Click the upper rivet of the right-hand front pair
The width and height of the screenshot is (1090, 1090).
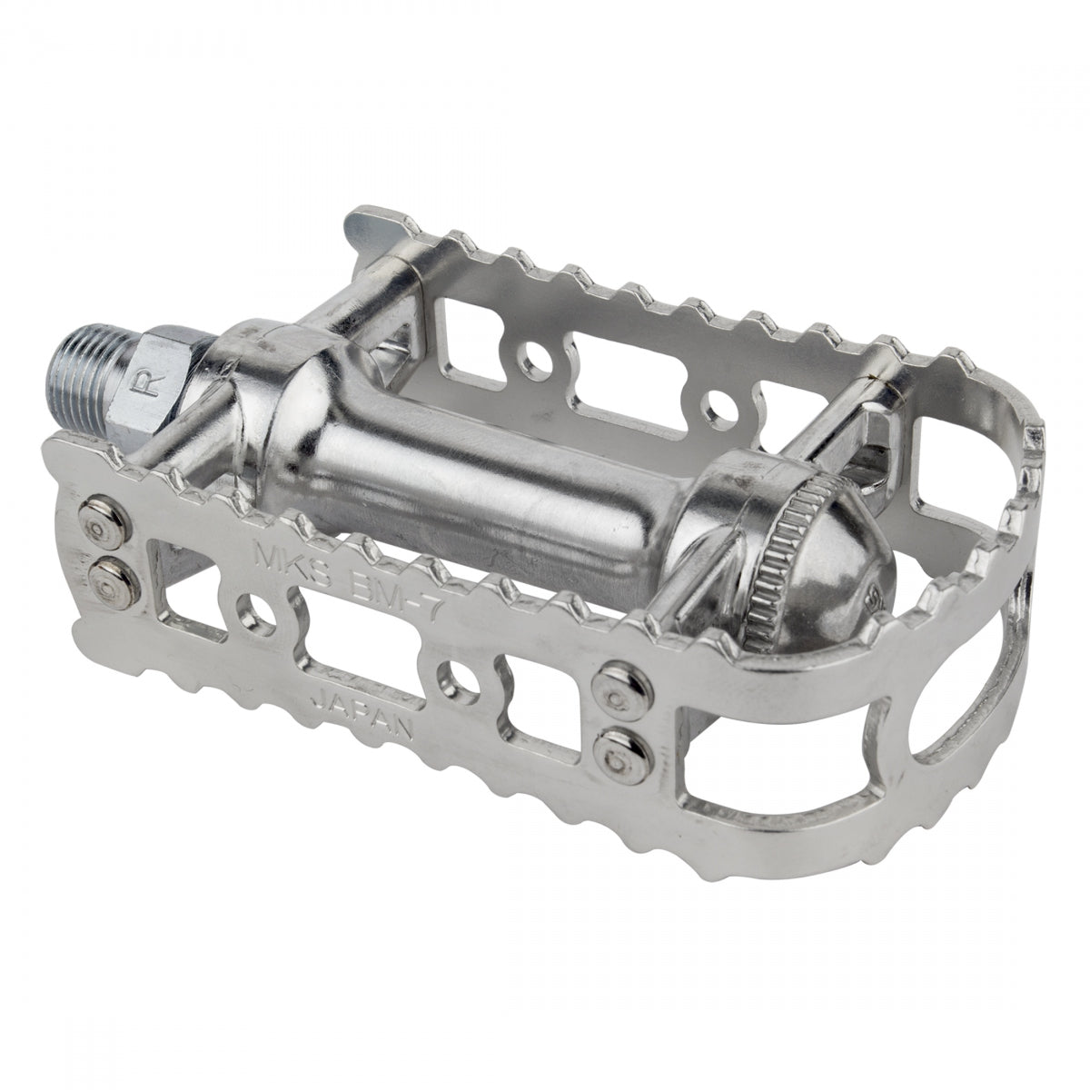coord(608,680)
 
